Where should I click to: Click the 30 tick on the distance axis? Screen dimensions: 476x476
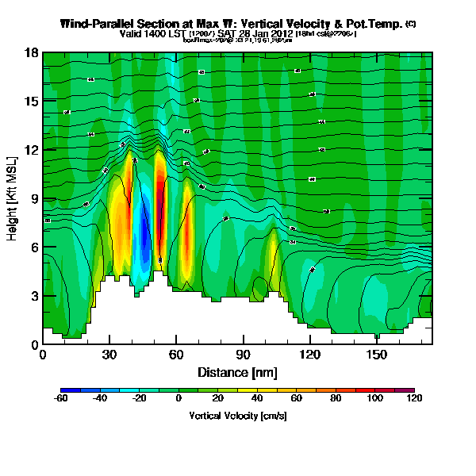[x=109, y=355]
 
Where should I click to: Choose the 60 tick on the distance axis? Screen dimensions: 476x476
[x=176, y=355]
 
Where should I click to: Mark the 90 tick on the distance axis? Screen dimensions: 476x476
[x=243, y=355]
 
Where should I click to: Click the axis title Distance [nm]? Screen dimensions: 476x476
[x=237, y=371]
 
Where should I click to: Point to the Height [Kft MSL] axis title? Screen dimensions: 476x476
[x=13, y=198]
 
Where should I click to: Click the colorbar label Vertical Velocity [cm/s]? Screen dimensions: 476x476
[x=237, y=415]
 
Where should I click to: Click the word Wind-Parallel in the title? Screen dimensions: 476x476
[x=94, y=24]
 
